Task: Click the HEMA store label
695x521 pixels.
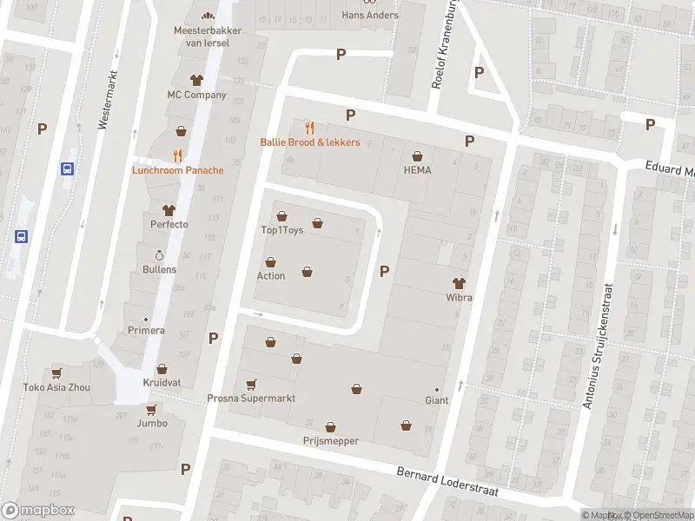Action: coord(417,171)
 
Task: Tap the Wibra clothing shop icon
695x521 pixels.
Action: coord(459,283)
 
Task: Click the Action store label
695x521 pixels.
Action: coord(270,276)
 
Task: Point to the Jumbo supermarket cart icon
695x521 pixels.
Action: coord(151,409)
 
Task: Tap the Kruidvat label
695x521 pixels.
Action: coord(161,383)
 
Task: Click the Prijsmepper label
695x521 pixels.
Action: coord(330,441)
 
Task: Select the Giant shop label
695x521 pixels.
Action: coord(436,401)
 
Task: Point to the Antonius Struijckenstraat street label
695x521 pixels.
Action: coord(598,346)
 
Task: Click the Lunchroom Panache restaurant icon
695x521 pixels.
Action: coord(177,155)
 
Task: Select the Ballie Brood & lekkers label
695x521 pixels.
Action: coord(309,142)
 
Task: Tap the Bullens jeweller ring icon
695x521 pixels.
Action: coord(159,255)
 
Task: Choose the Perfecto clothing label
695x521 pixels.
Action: coord(169,225)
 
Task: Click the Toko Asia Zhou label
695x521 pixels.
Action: coord(56,388)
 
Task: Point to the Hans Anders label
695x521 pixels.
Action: coord(370,15)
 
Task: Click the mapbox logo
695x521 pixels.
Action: coord(38,511)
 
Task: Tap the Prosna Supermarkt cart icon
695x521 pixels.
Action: coord(252,384)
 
